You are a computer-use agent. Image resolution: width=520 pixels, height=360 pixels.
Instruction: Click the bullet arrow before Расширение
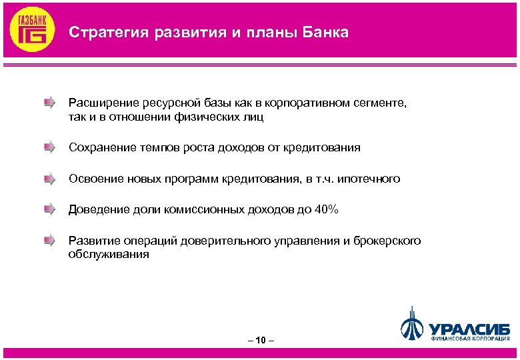pyautogui.click(x=49, y=103)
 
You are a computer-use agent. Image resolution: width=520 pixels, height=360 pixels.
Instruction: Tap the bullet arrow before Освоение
pyautogui.click(x=49, y=179)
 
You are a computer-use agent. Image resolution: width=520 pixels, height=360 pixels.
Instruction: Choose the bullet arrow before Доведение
pyautogui.click(x=49, y=210)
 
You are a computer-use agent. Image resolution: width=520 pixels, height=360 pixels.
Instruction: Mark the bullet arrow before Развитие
pyautogui.click(x=49, y=241)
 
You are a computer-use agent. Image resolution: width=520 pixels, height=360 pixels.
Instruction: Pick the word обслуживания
pyautogui.click(x=109, y=255)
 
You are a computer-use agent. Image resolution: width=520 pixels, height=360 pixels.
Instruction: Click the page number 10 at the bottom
pyautogui.click(x=260, y=340)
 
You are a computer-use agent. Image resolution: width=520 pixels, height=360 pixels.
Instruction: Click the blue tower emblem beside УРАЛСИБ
pyautogui.click(x=412, y=323)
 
